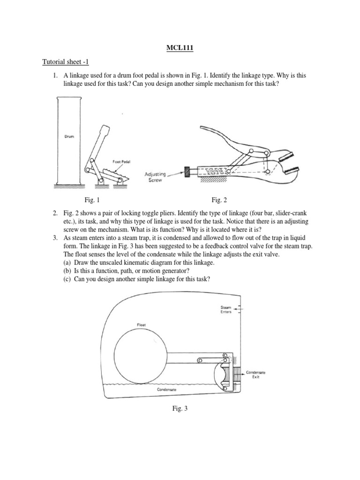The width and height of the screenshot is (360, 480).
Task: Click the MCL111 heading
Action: click(x=180, y=47)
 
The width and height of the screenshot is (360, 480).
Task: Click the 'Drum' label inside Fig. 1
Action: click(x=68, y=137)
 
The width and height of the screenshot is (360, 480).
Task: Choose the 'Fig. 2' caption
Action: click(x=219, y=200)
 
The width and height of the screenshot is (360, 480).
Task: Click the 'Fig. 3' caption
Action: click(x=180, y=409)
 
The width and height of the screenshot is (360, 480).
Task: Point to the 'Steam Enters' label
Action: click(x=226, y=309)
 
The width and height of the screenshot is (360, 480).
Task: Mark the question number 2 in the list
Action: click(x=55, y=214)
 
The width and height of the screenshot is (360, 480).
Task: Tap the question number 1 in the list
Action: click(x=55, y=75)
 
